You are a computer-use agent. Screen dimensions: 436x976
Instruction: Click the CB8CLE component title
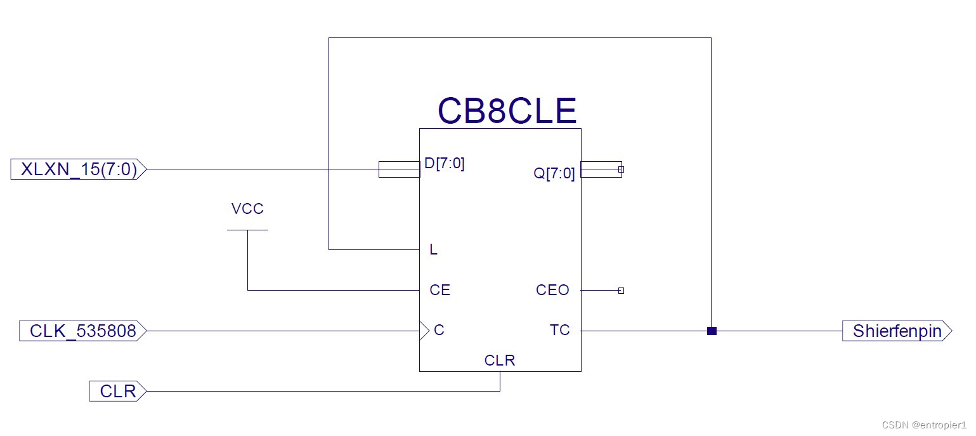pyautogui.click(x=507, y=112)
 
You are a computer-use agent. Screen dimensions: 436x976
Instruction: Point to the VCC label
pyautogui.click(x=247, y=209)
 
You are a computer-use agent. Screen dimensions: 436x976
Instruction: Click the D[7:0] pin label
pyautogui.click(x=444, y=164)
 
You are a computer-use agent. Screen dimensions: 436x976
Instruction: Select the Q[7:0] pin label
pyautogui.click(x=554, y=173)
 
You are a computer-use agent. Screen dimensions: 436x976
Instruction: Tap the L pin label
pyautogui.click(x=434, y=250)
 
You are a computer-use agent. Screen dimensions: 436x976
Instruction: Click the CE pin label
pyautogui.click(x=440, y=291)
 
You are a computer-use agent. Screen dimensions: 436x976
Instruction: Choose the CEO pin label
pyautogui.click(x=552, y=291)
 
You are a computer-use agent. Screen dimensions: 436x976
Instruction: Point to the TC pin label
pyautogui.click(x=559, y=331)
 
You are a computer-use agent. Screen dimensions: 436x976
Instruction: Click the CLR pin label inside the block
pyautogui.click(x=500, y=361)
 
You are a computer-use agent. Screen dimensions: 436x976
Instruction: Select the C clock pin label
pyautogui.click(x=439, y=331)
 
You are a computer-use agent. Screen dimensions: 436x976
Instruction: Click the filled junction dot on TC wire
pyautogui.click(x=712, y=331)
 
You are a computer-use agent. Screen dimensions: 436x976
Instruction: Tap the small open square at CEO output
pyautogui.click(x=621, y=291)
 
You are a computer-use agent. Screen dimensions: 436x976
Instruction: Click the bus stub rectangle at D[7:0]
pyautogui.click(x=399, y=169)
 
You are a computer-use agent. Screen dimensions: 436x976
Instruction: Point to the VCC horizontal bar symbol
pyautogui.click(x=247, y=230)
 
